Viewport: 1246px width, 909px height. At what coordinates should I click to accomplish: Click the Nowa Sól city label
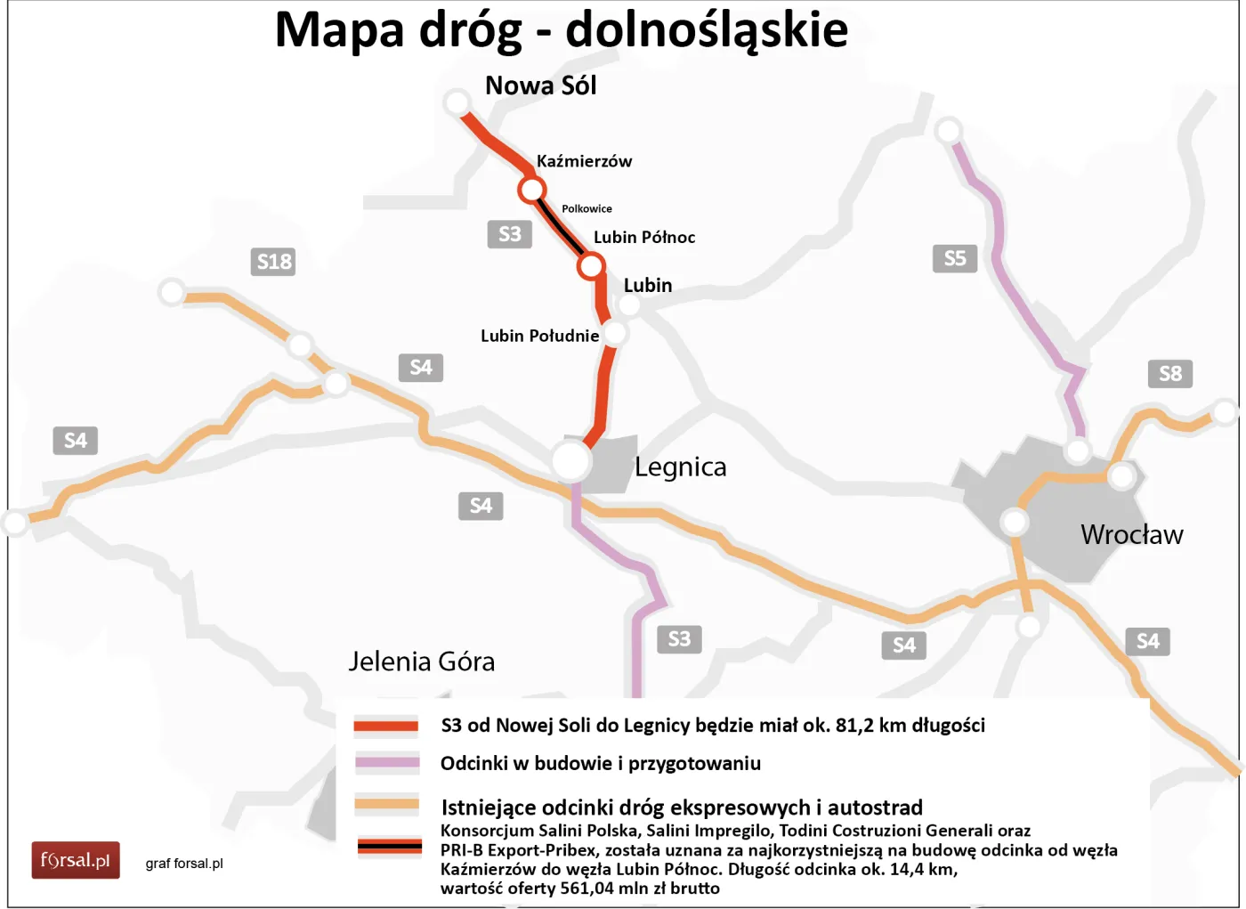(540, 85)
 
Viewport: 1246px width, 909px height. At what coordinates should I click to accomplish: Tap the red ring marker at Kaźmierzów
(532, 190)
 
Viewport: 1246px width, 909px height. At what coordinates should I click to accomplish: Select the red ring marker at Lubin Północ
(591, 265)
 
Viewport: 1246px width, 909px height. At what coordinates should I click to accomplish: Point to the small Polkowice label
(587, 208)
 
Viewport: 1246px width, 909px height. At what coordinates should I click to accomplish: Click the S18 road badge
(274, 262)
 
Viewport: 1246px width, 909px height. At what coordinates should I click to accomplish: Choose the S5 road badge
(955, 258)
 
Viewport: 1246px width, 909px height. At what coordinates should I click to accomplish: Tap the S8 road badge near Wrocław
(1170, 374)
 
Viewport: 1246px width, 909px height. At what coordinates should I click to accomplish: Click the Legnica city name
(680, 467)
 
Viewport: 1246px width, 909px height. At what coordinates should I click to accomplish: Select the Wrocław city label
(1131, 534)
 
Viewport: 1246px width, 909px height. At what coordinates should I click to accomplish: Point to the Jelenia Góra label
(421, 661)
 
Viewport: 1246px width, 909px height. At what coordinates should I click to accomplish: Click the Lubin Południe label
(539, 336)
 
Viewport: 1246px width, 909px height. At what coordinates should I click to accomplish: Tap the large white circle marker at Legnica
(570, 460)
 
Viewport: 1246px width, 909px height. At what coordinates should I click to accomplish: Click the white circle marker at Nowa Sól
(457, 102)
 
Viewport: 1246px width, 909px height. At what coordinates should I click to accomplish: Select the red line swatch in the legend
(386, 726)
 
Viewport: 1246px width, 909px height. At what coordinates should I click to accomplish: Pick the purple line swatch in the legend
(386, 762)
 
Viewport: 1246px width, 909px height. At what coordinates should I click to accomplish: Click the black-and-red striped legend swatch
(389, 846)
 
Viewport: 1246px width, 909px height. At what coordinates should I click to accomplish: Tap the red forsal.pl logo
(76, 860)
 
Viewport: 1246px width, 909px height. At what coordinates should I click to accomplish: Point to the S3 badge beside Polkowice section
(510, 234)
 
